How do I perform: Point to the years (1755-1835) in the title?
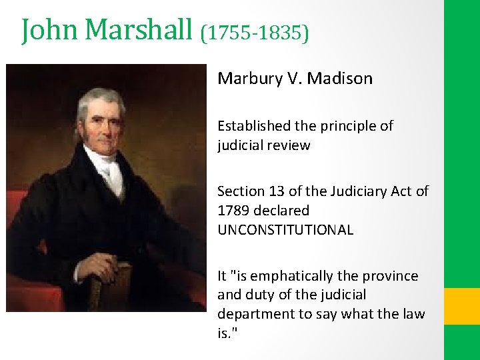tap(255, 32)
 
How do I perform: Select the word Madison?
tap(341, 79)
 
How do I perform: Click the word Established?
tap(251, 126)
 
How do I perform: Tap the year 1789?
tap(233, 211)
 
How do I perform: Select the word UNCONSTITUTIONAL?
tap(285, 230)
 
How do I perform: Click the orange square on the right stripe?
tap(461, 306)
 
